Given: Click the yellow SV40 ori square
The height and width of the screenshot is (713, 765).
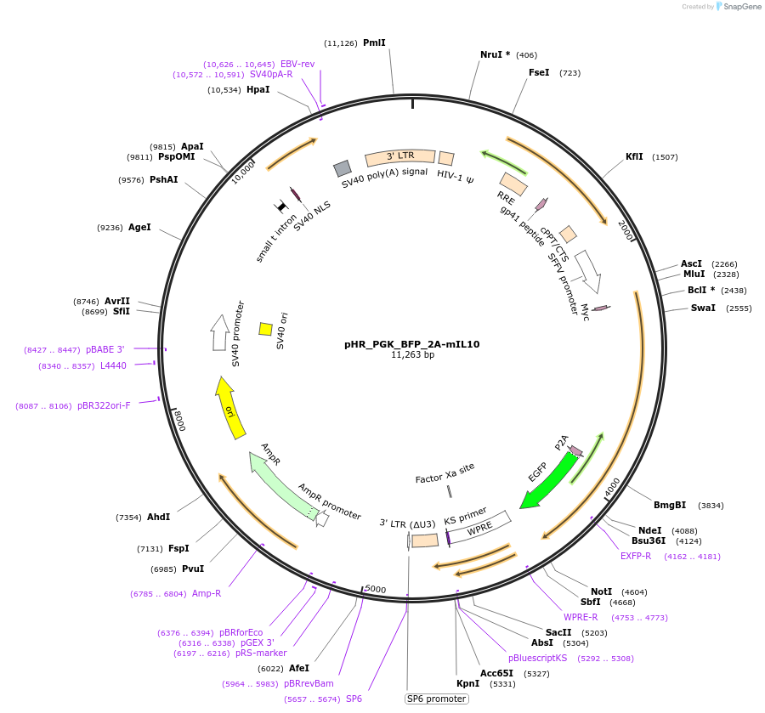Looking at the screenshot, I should click(x=265, y=329).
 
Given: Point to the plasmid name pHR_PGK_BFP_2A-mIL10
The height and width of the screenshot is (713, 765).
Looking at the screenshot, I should click(x=412, y=344).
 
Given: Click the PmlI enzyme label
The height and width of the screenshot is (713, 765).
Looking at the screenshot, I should click(x=374, y=42).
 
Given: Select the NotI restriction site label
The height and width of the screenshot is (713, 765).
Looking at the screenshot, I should click(x=602, y=591).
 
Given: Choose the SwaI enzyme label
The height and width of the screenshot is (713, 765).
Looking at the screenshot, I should click(x=703, y=308).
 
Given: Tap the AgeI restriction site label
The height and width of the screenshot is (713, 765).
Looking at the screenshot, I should click(x=139, y=227).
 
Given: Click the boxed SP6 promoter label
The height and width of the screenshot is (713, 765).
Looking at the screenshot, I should click(x=437, y=699).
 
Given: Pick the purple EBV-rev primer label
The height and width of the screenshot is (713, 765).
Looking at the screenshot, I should click(x=297, y=64).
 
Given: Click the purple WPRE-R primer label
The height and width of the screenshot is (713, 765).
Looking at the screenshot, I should click(x=581, y=617).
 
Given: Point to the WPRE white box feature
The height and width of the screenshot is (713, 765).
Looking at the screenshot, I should click(x=479, y=529).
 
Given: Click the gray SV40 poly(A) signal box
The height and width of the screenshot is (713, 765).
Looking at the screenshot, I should click(x=343, y=168).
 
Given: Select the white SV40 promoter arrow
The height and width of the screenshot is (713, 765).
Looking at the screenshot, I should click(x=219, y=332).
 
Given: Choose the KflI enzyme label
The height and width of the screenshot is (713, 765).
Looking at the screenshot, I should click(x=634, y=156).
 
